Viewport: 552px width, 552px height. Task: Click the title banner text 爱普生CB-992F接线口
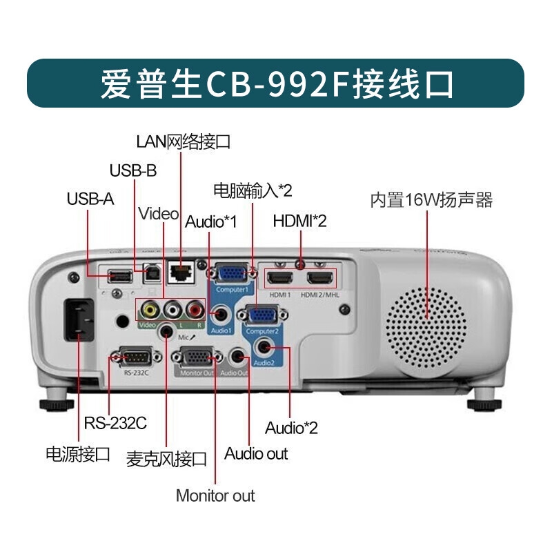click(x=276, y=83)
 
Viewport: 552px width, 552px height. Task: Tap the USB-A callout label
click(x=90, y=199)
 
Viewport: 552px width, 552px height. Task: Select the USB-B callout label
click(x=133, y=170)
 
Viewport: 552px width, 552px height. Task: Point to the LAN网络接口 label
click(x=183, y=142)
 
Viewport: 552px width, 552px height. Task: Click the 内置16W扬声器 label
click(x=431, y=200)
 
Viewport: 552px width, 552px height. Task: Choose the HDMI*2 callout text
click(x=299, y=221)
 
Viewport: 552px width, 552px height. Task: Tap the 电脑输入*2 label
click(x=253, y=190)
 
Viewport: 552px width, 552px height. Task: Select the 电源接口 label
click(x=77, y=454)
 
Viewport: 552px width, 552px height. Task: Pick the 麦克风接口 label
click(x=166, y=459)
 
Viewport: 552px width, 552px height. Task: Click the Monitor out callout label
click(x=215, y=495)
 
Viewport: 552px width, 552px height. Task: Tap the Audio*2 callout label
click(x=291, y=428)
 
